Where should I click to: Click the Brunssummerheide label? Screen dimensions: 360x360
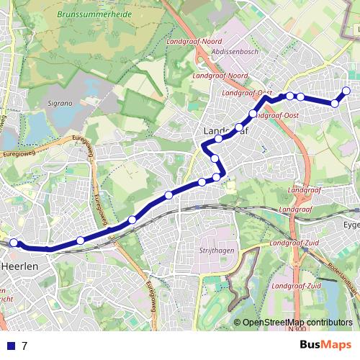87,14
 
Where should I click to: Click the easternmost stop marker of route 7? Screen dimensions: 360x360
346,91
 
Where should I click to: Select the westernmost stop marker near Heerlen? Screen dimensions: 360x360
13,243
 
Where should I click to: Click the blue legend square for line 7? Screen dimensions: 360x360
9,346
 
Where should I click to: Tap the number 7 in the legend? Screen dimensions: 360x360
24,346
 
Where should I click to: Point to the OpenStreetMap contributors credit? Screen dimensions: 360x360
297,323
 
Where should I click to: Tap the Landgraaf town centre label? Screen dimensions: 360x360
225,131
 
